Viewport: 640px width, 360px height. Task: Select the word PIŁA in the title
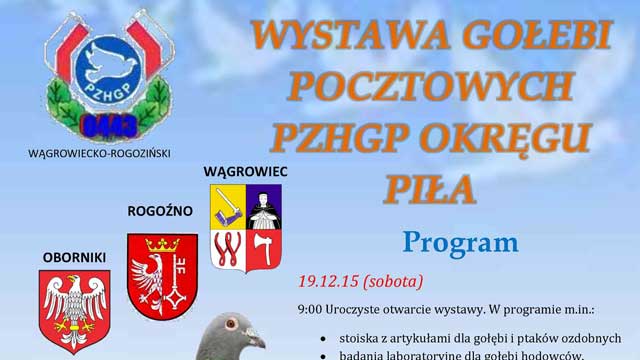pos(432,186)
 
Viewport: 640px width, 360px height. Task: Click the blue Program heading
pos(461,242)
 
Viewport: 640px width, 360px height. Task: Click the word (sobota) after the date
pos(393,280)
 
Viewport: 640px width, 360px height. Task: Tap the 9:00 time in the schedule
pos(309,309)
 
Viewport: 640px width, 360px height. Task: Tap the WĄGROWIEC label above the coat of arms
pos(245,172)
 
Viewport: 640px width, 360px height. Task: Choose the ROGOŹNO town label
pos(160,211)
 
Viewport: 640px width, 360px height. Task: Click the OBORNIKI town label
pos(74,257)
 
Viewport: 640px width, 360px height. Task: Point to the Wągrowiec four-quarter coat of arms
pos(245,227)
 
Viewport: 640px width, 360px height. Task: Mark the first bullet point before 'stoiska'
pos(323,338)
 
